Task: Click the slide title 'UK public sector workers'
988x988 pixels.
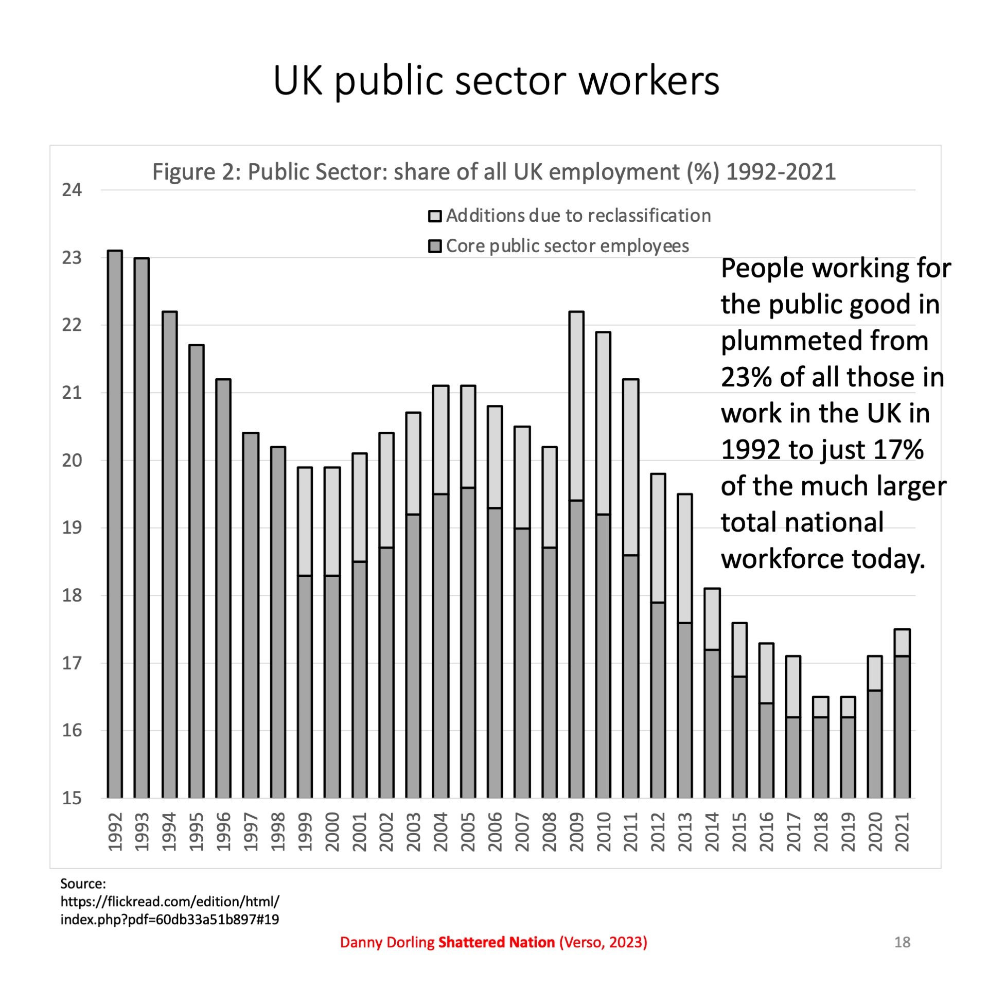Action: point(496,81)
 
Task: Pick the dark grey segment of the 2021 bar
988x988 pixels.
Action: point(902,727)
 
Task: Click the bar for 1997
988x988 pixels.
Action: point(251,615)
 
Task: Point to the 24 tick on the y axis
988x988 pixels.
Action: point(72,190)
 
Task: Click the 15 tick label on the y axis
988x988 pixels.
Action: point(72,798)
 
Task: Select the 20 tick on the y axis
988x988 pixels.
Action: point(72,461)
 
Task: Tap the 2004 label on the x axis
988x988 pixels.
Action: point(440,832)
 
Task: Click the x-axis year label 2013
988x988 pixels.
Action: point(685,832)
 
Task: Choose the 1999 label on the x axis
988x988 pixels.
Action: point(305,832)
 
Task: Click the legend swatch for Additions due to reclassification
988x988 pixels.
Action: point(435,216)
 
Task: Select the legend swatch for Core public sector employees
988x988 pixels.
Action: point(435,246)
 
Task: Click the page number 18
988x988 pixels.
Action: point(902,942)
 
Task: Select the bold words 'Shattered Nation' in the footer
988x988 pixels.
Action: point(496,942)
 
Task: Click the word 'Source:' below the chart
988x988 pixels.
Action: point(83,884)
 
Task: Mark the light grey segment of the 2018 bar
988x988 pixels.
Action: point(821,707)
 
